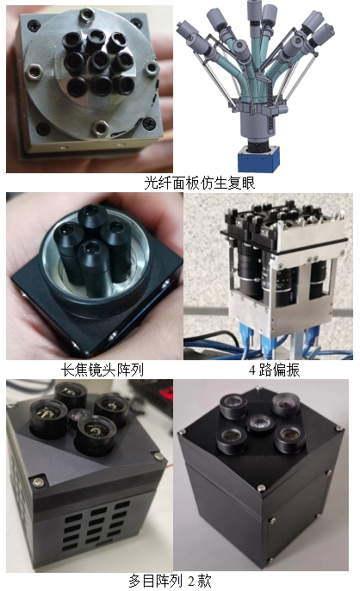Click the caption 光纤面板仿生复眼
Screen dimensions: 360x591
tap(200, 183)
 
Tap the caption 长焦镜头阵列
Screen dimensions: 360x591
tap(102, 370)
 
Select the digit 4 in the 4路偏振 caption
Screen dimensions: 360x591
tap(252, 370)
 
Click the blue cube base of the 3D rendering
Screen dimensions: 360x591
tap(258, 159)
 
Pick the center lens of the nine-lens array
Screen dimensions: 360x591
tap(100, 61)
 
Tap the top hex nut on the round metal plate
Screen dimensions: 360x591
tap(87, 15)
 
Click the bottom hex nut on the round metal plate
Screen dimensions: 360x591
tap(100, 128)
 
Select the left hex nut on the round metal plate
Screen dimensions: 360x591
tap(34, 72)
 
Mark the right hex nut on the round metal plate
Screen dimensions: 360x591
tap(152, 68)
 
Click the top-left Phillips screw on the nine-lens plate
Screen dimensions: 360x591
tap(34, 26)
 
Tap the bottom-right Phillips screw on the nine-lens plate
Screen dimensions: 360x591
tap(149, 124)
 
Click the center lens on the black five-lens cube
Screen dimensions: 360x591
tap(260, 424)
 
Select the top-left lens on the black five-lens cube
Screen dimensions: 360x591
tap(233, 407)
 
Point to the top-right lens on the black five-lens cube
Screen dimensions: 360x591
tap(286, 405)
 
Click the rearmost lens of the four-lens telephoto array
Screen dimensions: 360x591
tap(93, 217)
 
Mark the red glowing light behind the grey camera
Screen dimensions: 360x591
tap(165, 393)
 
